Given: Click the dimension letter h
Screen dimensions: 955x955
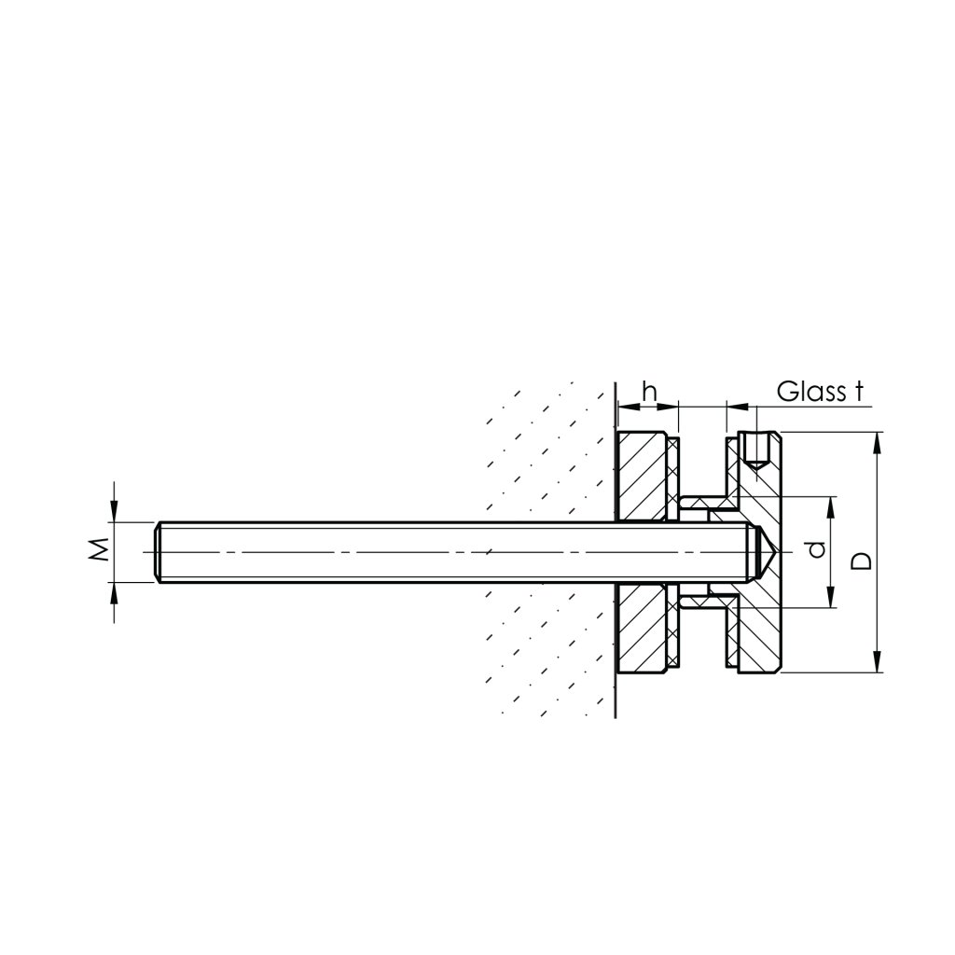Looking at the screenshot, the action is [651, 392].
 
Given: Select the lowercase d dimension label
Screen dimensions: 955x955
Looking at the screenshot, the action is [817, 551].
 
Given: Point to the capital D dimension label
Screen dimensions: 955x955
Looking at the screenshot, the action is [863, 561].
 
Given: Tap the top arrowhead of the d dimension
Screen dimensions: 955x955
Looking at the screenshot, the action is [831, 505].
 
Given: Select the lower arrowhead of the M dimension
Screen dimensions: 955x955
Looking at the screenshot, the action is [114, 592].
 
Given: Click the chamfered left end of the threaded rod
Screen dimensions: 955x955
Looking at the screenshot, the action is [158, 552].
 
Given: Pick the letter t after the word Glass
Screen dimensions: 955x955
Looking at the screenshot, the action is [854, 391].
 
